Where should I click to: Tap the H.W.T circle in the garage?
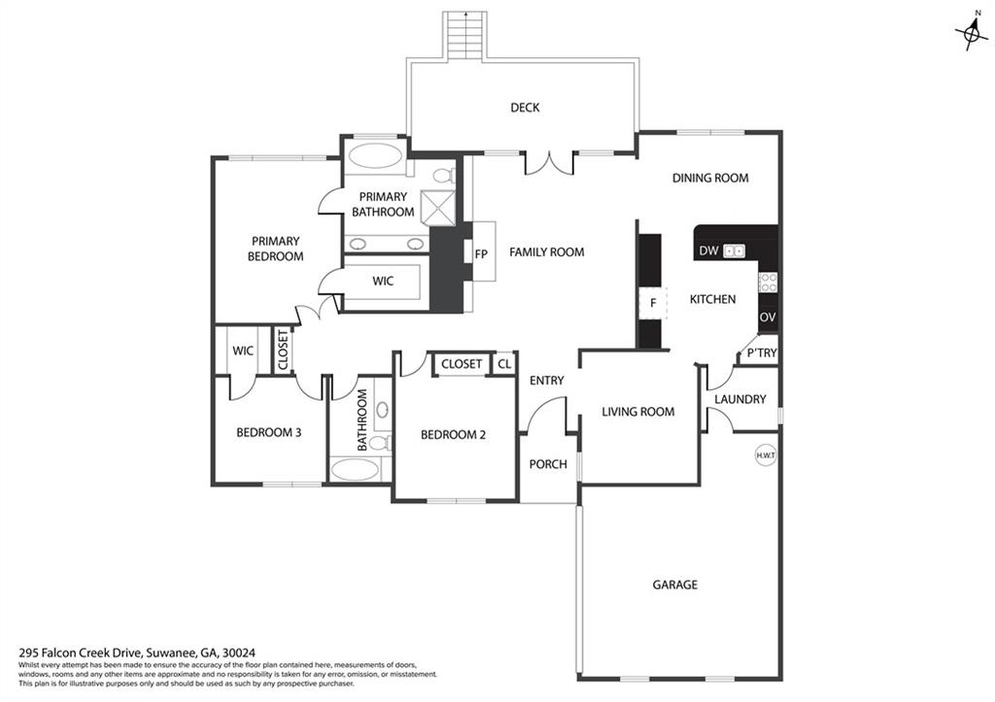pos(766,455)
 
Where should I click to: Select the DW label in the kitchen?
pos(708,251)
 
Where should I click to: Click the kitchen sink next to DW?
pos(735,251)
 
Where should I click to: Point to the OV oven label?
pos(768,318)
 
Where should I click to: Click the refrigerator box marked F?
pos(653,303)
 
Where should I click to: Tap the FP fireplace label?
pos(481,254)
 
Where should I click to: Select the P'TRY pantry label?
pos(762,352)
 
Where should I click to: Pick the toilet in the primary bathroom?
pos(443,175)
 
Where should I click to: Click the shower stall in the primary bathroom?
pos(439,207)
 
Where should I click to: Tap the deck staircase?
pos(465,36)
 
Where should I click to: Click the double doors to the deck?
pos(549,162)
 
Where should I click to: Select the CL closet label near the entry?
pos(504,364)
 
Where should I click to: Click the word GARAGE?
pos(675,585)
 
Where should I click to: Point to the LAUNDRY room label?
pos(739,399)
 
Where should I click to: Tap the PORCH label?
pos(548,464)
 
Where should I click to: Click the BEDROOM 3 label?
pos(268,432)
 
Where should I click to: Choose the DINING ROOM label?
pos(710,179)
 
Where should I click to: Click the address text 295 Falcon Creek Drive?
pos(82,652)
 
